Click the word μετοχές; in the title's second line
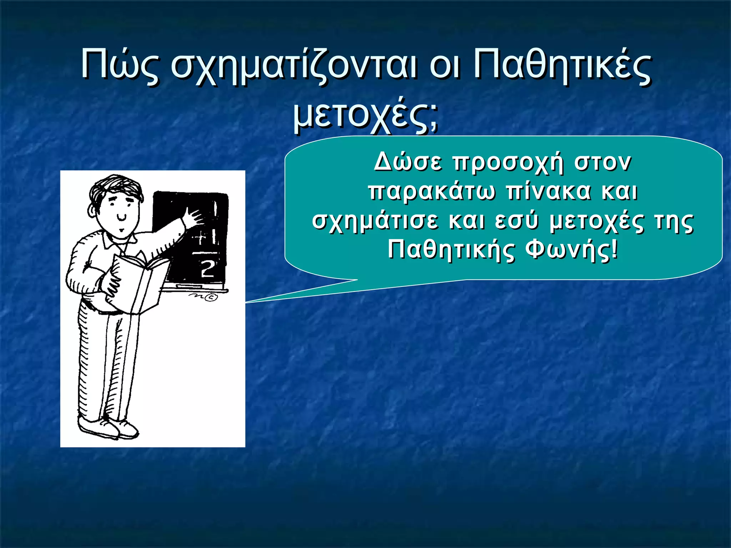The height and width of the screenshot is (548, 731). (x=365, y=116)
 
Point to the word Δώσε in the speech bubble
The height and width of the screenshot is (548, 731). (x=408, y=163)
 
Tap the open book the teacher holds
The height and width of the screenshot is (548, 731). (x=137, y=282)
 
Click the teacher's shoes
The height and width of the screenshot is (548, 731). (x=107, y=428)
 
